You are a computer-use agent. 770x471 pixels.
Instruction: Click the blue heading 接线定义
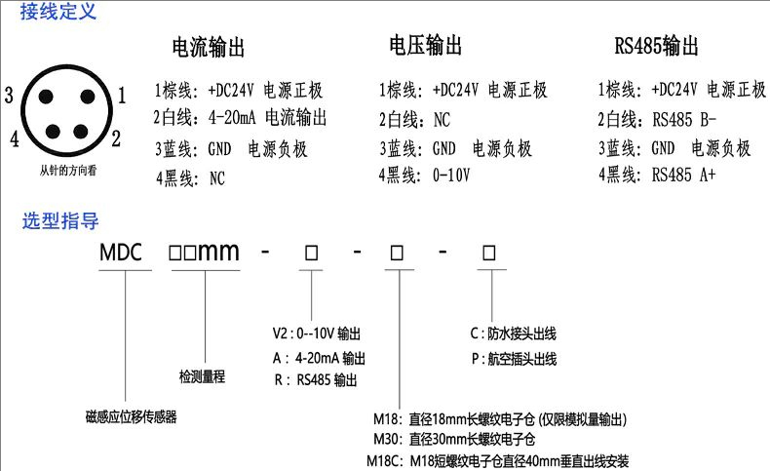click(x=58, y=12)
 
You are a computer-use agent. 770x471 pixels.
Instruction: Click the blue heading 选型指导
click(x=60, y=221)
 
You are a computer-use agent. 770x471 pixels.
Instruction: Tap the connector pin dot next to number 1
click(x=88, y=97)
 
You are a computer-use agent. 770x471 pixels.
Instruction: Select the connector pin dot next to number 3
click(x=46, y=97)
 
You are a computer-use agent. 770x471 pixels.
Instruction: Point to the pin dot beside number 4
click(x=53, y=131)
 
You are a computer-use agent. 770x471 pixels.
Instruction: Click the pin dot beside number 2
click(x=81, y=131)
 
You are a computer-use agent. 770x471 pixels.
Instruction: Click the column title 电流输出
click(x=209, y=47)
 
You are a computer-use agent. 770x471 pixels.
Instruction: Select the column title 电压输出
click(x=425, y=45)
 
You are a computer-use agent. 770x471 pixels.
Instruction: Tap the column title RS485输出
click(x=656, y=46)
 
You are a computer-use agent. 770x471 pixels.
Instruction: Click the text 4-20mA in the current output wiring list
click(x=232, y=117)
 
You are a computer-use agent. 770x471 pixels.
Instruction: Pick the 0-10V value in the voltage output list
click(x=451, y=175)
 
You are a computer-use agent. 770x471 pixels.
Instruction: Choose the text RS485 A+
click(x=683, y=175)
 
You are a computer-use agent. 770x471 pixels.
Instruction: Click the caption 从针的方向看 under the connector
click(x=68, y=171)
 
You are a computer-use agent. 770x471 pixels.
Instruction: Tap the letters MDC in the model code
click(x=120, y=253)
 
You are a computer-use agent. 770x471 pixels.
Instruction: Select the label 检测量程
click(x=202, y=376)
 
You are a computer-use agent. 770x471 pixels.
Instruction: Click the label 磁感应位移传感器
click(x=132, y=417)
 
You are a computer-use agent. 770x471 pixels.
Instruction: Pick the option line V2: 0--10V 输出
click(x=317, y=334)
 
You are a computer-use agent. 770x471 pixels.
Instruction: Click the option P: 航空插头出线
click(x=515, y=359)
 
